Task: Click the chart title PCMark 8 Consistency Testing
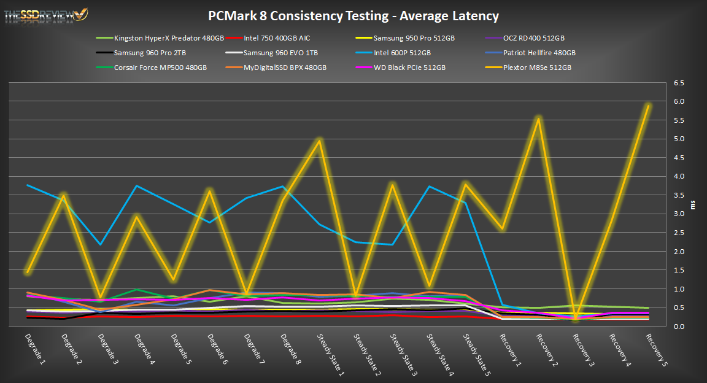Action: (353, 16)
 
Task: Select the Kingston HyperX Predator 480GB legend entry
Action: (169, 38)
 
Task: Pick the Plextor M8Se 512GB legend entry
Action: (537, 68)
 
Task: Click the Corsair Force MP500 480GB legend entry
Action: (160, 68)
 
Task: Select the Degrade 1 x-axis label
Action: (35, 347)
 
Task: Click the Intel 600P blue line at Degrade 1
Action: (28, 185)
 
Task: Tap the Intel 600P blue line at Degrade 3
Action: (100, 244)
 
